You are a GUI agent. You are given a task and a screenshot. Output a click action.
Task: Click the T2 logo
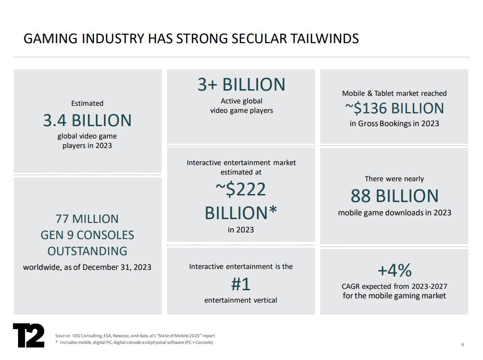[28, 335]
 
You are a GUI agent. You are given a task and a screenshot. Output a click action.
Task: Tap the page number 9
[462, 344]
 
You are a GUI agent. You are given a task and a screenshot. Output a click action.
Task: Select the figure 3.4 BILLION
[87, 120]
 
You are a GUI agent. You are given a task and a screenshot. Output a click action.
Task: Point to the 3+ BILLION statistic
[241, 84]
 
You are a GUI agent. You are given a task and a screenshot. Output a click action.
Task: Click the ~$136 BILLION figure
[394, 108]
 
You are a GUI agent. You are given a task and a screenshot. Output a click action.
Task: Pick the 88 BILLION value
[394, 195]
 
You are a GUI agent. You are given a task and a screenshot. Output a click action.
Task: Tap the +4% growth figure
[394, 270]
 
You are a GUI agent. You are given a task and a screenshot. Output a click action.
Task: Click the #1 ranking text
[241, 284]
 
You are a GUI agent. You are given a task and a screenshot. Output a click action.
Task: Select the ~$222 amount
[241, 189]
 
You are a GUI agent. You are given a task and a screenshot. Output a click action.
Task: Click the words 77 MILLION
[87, 219]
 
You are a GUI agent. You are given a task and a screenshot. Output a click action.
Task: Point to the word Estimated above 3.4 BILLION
[87, 103]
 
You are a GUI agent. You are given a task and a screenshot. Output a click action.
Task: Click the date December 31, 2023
[117, 267]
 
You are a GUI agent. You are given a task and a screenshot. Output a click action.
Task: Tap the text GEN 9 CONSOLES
[87, 235]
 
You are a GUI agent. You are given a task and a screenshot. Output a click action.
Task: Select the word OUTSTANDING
[87, 250]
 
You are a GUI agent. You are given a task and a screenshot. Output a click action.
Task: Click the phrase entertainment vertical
[241, 300]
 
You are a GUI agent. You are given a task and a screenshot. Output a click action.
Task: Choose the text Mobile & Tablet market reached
[394, 93]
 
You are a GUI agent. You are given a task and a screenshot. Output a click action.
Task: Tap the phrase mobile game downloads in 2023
[394, 212]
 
